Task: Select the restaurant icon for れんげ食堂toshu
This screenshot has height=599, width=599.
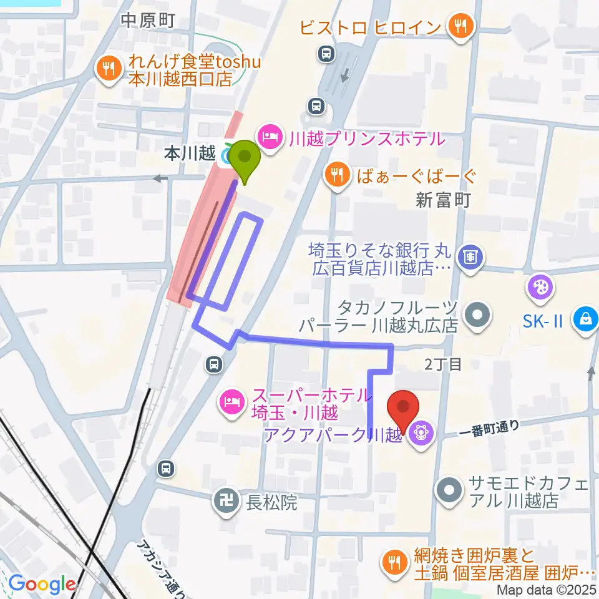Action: pos(110,69)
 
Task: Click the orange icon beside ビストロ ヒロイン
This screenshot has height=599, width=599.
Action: pos(461,26)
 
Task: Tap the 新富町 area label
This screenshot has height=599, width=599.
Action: pos(444,200)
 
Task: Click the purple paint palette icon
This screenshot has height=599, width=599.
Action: pos(537,287)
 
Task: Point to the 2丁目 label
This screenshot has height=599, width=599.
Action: pos(443,365)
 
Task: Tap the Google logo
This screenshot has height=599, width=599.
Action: pos(42,584)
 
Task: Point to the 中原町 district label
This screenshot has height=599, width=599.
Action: pos(149,21)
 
